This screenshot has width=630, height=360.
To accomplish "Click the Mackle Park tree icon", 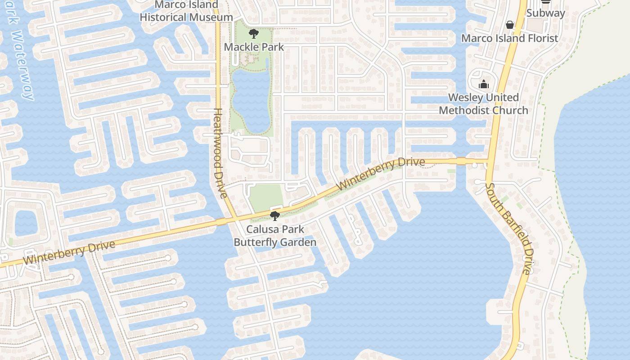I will (x=254, y=33).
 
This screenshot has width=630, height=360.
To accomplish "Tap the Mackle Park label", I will (x=254, y=47).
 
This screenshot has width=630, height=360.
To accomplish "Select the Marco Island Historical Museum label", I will (x=186, y=12).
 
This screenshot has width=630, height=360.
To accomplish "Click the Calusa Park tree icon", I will (x=275, y=216).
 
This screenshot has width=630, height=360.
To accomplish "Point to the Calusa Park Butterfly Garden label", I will (x=275, y=235).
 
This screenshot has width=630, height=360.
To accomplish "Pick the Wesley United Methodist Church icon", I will (x=484, y=84).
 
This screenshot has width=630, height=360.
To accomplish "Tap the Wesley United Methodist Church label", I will (x=484, y=104).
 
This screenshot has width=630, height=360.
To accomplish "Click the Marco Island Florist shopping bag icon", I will (x=510, y=25).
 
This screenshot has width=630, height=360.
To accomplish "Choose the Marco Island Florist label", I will (x=510, y=38).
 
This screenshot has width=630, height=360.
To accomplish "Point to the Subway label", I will (x=545, y=13).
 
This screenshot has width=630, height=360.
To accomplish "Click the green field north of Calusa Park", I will (x=265, y=197).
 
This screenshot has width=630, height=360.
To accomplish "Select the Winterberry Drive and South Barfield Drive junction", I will (x=488, y=161).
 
